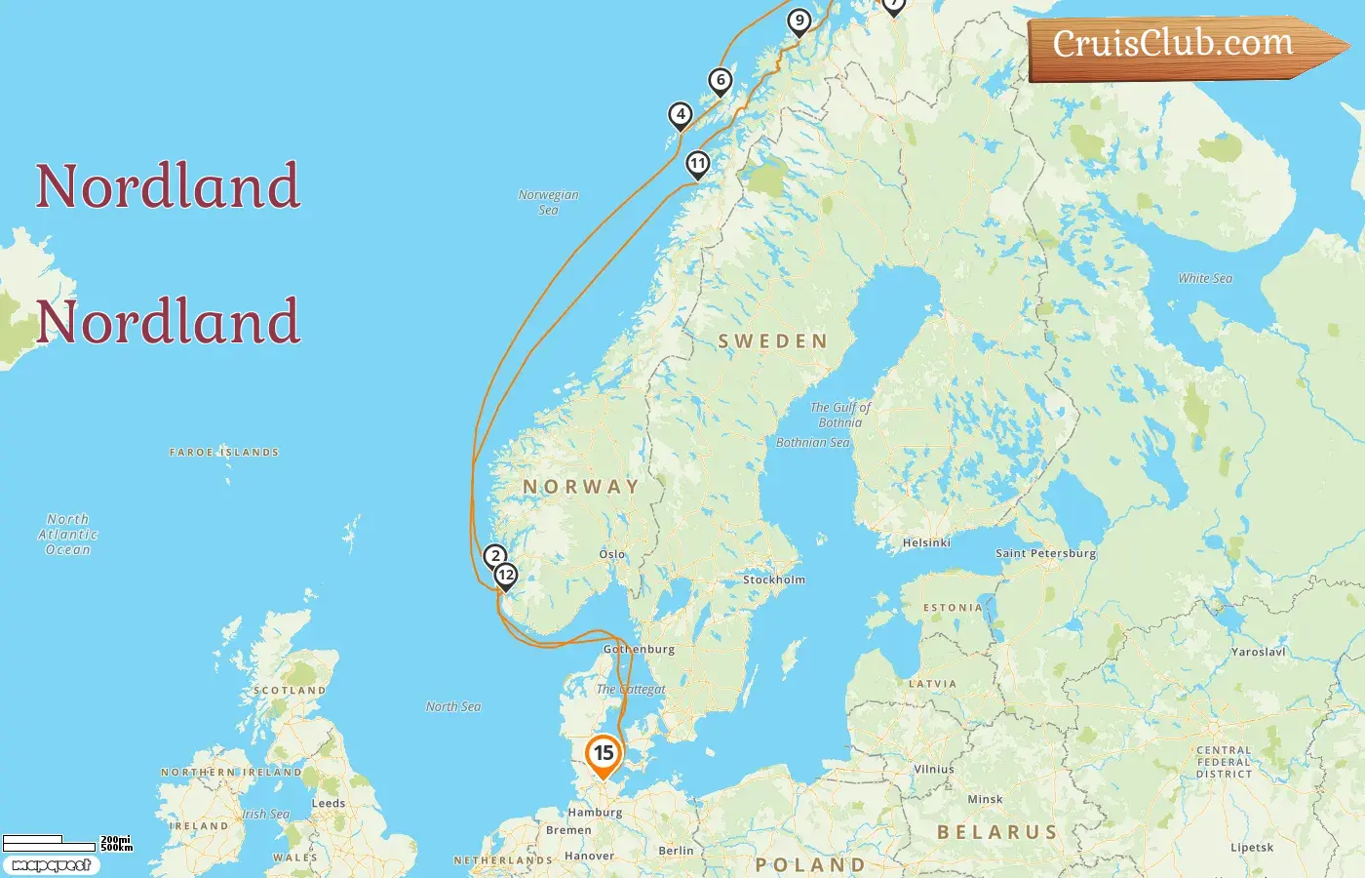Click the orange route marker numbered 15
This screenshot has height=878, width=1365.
tap(604, 753)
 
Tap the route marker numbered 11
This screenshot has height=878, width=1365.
tap(697, 163)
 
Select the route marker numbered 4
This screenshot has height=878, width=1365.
tap(681, 115)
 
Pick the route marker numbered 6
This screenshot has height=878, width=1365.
tap(721, 81)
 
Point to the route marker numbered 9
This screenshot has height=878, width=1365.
tap(799, 20)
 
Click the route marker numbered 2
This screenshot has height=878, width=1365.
tap(495, 556)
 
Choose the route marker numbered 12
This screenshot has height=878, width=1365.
tap(505, 575)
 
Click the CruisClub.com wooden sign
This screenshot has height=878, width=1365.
tap(1180, 45)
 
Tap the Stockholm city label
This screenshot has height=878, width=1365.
tap(774, 579)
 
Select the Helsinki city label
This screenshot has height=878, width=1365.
tap(926, 542)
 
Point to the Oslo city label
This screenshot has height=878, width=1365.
tap(612, 554)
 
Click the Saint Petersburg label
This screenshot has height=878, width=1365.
tap(1045, 553)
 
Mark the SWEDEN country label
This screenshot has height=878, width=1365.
tap(772, 341)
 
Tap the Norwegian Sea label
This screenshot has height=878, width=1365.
tap(548, 202)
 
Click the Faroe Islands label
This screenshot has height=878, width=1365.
tap(224, 453)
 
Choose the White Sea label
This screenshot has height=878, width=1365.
tap(1205, 278)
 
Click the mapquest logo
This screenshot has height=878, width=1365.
tap(51, 865)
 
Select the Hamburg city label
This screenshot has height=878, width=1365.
tap(595, 812)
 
